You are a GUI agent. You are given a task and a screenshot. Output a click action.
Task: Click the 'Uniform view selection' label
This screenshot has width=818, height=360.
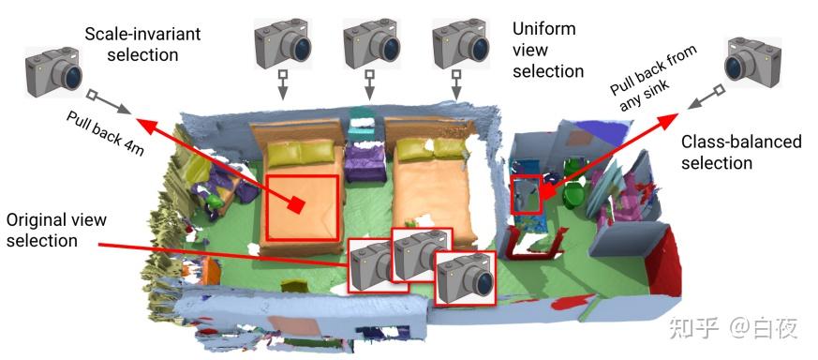[x=547, y=50]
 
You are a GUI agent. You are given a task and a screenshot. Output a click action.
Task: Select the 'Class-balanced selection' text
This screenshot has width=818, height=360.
[x=741, y=152]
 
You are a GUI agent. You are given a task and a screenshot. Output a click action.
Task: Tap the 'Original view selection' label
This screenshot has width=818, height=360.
[x=57, y=230]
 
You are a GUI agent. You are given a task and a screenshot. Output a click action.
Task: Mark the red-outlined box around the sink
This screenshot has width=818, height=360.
[x=527, y=194]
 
